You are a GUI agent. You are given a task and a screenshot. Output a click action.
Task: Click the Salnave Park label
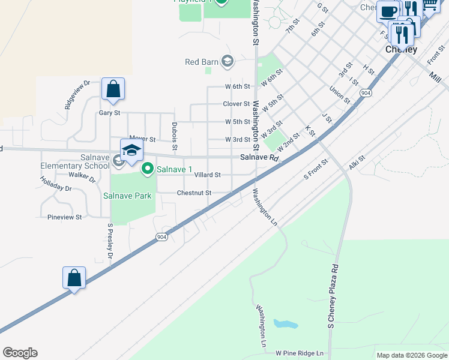(127, 196)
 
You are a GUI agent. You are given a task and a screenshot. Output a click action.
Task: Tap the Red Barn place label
(200, 62)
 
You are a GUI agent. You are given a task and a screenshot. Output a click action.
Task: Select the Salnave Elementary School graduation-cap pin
(132, 151)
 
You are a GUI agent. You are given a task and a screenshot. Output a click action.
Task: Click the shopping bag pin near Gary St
(113, 90)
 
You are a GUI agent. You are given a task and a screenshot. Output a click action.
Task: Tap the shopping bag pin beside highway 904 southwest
(74, 278)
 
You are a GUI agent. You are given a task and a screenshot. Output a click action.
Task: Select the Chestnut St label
(194, 193)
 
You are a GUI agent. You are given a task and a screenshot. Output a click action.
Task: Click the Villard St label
(208, 175)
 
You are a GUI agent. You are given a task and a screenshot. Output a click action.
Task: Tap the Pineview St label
(64, 217)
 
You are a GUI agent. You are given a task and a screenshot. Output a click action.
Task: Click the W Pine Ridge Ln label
(300, 354)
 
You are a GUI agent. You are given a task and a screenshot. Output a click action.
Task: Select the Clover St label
(236, 104)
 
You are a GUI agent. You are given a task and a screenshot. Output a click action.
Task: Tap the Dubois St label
(175, 136)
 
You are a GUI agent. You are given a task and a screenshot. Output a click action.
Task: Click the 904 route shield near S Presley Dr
(161, 237)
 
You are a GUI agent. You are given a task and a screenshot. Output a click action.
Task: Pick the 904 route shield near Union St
(365, 93)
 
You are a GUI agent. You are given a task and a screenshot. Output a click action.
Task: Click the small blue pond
(286, 324)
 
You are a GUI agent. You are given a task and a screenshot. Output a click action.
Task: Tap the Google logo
(20, 353)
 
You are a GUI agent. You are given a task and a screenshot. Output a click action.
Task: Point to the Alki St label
(357, 162)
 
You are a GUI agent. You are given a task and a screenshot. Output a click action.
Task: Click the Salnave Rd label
(260, 158)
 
